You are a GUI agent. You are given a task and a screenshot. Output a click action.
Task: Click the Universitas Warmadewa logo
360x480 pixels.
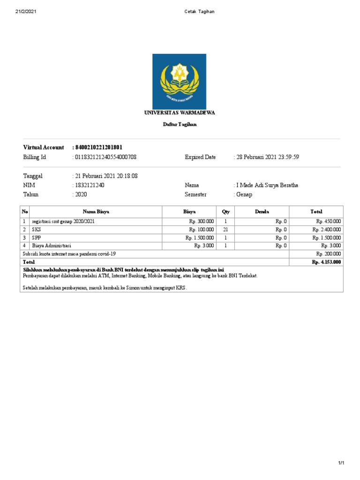(x=179, y=81)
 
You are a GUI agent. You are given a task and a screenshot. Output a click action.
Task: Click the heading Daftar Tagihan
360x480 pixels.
(x=180, y=125)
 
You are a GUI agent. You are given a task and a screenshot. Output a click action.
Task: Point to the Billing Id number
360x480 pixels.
(x=105, y=157)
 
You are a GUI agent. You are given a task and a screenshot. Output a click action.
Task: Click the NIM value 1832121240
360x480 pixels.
(x=90, y=185)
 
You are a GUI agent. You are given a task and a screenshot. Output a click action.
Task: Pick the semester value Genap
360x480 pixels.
(x=243, y=195)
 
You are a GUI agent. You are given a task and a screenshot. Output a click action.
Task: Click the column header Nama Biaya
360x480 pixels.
(x=96, y=212)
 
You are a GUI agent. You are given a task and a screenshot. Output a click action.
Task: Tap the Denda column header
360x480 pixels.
(x=262, y=212)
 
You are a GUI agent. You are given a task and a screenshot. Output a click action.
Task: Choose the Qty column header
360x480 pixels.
(x=225, y=212)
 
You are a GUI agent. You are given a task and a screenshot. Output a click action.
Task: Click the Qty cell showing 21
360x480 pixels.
(x=225, y=230)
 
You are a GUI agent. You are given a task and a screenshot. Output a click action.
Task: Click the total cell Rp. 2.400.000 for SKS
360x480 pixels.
(x=327, y=230)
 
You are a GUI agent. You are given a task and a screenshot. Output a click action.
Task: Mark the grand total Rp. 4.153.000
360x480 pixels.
(x=326, y=262)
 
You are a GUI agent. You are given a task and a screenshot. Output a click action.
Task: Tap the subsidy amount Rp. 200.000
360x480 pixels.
(x=328, y=254)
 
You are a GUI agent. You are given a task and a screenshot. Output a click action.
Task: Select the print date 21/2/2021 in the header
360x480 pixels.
(x=26, y=12)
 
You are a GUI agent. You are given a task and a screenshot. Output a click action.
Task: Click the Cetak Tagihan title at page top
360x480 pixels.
(x=200, y=12)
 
